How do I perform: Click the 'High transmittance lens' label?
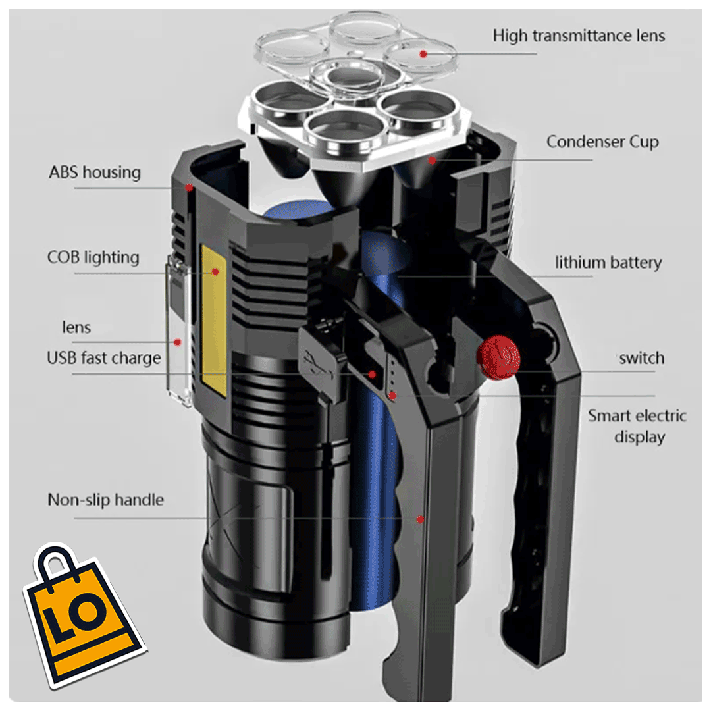579,36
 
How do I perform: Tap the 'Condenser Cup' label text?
602,142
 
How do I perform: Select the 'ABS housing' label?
95,172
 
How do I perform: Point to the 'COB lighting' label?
93,257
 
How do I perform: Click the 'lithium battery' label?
608,263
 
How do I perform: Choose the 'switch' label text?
641,359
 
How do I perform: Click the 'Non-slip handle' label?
105,500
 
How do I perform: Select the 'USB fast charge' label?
104,358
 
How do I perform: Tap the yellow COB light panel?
214,323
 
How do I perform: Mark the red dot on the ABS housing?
189,188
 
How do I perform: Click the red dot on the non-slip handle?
420,519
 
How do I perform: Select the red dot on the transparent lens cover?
177,342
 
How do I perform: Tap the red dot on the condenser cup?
432,159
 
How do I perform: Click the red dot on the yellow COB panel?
215,271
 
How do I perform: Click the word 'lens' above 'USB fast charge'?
76,328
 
